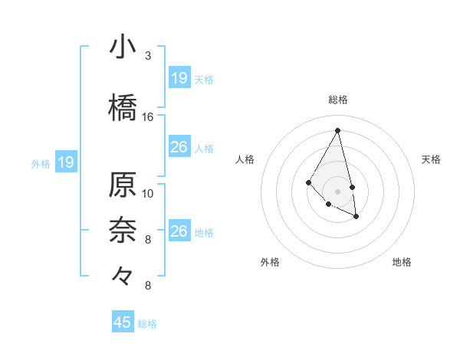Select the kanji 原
point(123,185)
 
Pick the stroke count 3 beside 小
point(148,56)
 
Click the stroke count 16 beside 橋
point(148,117)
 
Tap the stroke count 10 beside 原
point(148,193)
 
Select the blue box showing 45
point(123,322)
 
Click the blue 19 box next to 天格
point(179,78)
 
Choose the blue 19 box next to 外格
point(66,162)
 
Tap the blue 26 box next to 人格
point(179,147)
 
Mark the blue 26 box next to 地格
point(179,231)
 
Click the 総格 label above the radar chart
point(338,100)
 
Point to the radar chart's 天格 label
point(432,159)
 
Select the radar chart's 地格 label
point(402,262)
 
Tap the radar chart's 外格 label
point(270,262)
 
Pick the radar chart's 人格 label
point(245,159)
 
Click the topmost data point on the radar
point(337,130)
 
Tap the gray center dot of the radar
point(337,191)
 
